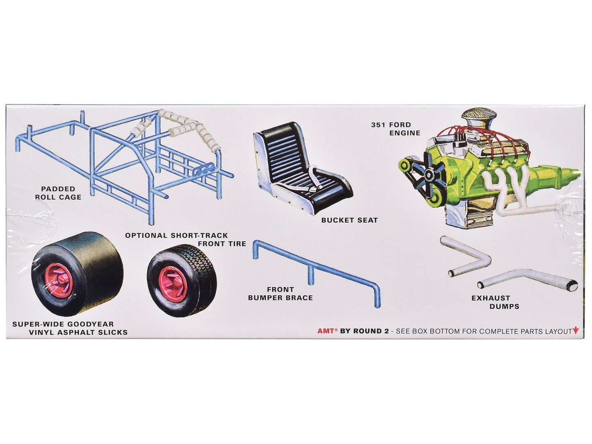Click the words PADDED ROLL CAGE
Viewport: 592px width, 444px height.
[x=58, y=193]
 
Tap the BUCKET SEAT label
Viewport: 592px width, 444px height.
[x=349, y=220]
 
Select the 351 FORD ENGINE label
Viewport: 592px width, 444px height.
[x=395, y=129]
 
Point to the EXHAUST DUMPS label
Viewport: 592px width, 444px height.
[x=495, y=302]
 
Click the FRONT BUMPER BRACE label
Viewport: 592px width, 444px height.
[x=281, y=294]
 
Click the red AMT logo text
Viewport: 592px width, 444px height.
[x=326, y=331]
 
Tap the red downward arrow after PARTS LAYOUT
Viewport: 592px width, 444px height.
[x=576, y=331]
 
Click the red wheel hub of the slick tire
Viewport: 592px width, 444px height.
[x=59, y=279]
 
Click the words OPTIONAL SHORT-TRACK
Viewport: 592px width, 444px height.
[x=177, y=236]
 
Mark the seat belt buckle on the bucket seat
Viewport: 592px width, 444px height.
[x=313, y=190]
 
